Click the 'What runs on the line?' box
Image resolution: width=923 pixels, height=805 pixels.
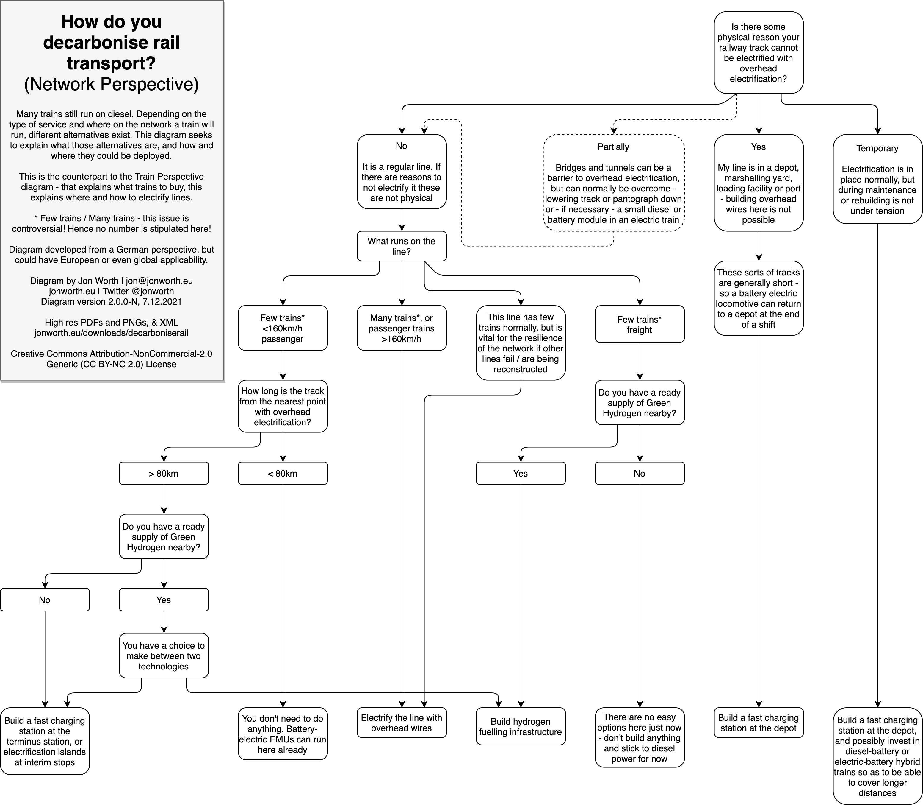pos(402,246)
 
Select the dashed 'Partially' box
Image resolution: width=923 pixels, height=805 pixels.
pos(613,183)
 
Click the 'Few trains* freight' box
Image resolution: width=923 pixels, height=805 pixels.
pos(640,324)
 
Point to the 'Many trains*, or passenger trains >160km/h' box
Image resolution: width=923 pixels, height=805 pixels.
pos(402,328)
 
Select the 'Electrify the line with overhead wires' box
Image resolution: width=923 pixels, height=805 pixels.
pos(402,723)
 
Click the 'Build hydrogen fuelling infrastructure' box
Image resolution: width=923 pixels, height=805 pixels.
pos(521,726)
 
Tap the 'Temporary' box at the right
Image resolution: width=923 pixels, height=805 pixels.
pos(877,179)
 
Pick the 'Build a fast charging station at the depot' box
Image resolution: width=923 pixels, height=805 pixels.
pos(758,723)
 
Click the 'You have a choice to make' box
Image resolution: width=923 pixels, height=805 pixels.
pos(164,655)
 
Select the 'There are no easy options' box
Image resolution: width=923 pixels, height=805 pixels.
pos(640,738)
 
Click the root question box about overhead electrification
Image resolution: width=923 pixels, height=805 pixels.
pos(758,52)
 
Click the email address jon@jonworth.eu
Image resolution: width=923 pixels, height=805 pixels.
pos(159,281)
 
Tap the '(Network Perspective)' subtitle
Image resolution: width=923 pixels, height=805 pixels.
pos(111,84)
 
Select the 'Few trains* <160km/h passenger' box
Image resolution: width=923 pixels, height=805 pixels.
pos(283,328)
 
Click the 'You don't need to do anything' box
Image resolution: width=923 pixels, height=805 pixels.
pos(283,734)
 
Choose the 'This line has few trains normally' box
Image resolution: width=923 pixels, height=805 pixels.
pos(521,343)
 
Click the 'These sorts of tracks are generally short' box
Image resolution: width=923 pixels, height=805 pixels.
pos(758,298)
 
